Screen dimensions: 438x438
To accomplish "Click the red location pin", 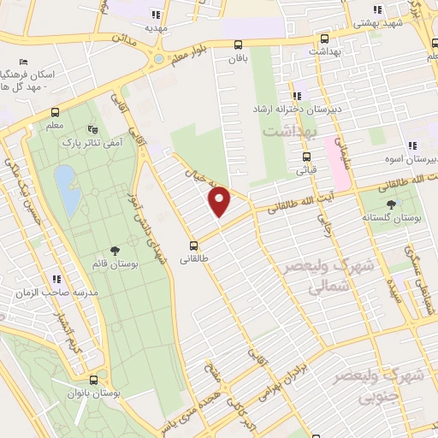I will point(220,201).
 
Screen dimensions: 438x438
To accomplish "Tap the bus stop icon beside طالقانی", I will point(194,243).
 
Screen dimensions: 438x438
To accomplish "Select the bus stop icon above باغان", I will point(238,45).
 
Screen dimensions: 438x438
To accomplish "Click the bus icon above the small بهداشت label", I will point(324,39).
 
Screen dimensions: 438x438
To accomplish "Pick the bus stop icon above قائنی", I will point(306,157).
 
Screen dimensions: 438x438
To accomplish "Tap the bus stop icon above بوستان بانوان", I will point(93,379).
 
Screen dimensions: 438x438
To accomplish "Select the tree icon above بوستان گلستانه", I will point(392,204).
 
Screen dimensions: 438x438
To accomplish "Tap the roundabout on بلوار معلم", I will point(157,59).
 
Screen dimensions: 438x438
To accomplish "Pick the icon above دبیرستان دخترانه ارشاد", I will point(295,97).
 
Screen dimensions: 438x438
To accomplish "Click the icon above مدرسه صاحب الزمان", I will point(56,279).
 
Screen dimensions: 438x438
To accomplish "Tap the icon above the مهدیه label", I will point(155,15).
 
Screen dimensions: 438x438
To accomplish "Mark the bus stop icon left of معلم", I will point(56,112).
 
